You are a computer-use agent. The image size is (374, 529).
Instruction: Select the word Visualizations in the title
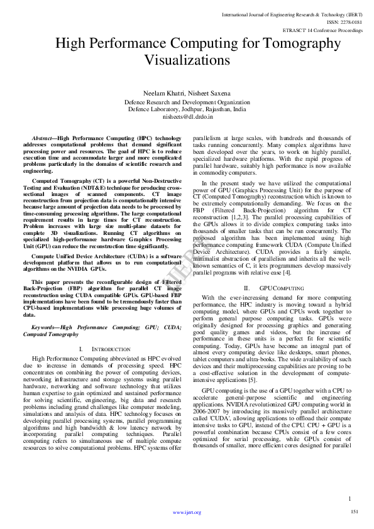[x=187, y=61]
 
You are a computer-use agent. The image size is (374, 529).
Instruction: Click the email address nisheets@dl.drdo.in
[x=187, y=116]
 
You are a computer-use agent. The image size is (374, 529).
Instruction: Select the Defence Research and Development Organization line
[x=187, y=101]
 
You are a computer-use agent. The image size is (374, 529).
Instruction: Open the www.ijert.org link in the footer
[x=187, y=513]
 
